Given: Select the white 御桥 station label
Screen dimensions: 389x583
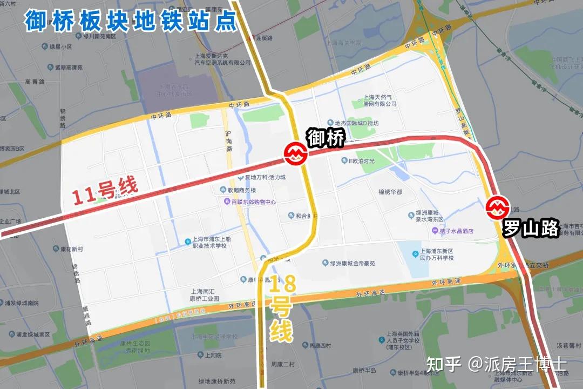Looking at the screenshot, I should point(326,139).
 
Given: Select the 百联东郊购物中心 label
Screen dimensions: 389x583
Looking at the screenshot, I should point(250,202).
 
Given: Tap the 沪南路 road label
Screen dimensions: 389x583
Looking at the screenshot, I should point(229,140).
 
